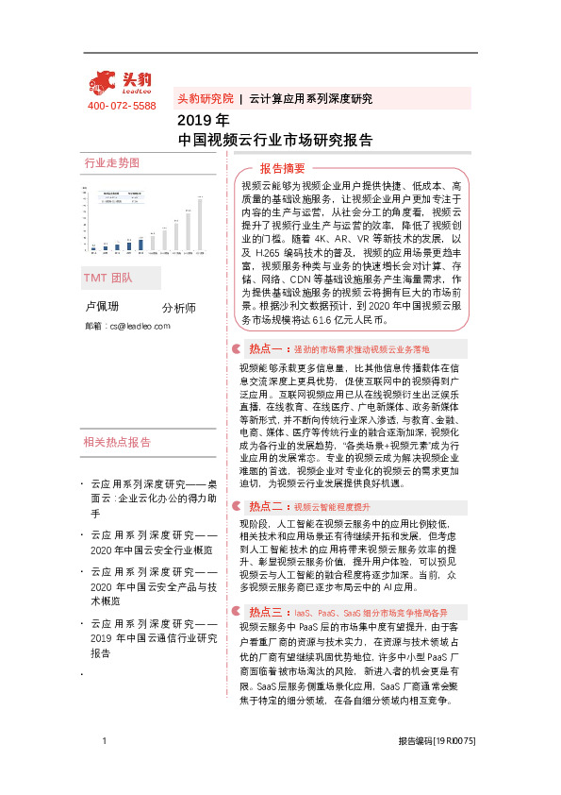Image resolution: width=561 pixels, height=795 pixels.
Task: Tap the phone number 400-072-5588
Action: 122,106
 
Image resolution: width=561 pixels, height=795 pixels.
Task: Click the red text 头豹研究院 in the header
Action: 205,98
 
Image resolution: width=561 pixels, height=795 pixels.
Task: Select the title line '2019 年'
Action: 204,121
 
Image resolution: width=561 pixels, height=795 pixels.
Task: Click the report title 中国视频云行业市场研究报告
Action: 274,140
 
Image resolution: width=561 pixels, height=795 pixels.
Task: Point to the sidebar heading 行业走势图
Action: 111,162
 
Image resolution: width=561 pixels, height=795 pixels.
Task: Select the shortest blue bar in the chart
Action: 94,249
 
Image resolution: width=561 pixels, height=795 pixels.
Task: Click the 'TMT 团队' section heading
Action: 108,279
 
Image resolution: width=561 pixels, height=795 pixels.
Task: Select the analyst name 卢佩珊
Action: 103,308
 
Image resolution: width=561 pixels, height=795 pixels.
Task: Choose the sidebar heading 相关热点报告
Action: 117,442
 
